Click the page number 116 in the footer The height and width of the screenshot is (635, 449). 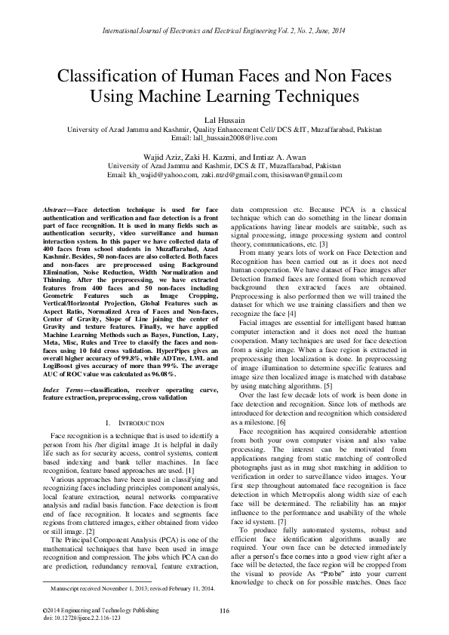pos(224,610)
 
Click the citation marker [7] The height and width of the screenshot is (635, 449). pos(281,522)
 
